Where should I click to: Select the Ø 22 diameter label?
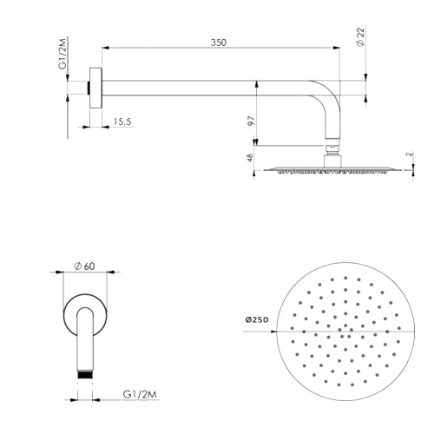point(359,37)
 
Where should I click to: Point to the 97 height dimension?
point(251,121)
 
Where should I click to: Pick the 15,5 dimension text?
point(121,122)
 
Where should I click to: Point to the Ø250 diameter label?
point(256,320)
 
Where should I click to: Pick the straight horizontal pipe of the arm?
point(208,87)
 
